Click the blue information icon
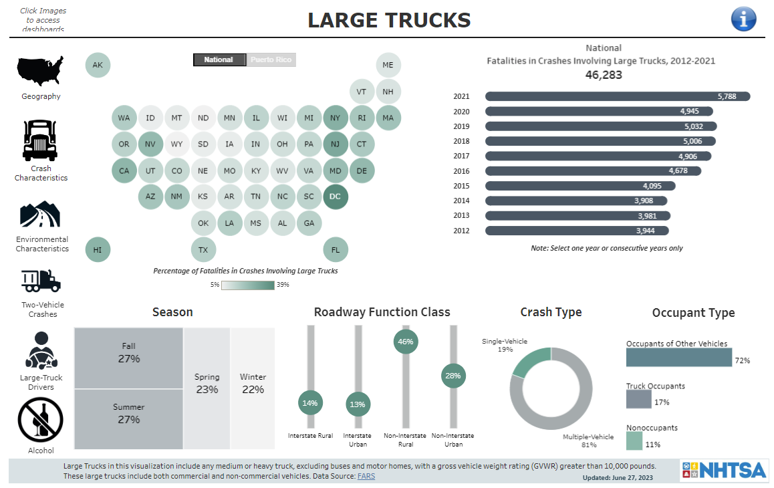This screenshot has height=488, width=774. [x=744, y=19]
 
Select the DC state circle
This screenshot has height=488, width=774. [x=336, y=197]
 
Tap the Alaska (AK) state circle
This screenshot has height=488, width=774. [x=98, y=66]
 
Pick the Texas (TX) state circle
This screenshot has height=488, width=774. [x=203, y=250]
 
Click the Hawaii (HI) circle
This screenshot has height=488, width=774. [x=98, y=250]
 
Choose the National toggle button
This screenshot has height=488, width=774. [x=219, y=59]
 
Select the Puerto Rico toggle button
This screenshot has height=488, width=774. [x=271, y=59]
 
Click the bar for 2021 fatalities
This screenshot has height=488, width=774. [x=617, y=96]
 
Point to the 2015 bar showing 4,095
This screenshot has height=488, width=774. [x=579, y=186]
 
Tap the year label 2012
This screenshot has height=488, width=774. [x=461, y=231]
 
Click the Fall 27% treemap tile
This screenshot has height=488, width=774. [x=128, y=358]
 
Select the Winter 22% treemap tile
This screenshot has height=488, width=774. [x=253, y=388]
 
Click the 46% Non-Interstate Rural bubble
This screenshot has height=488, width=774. [x=406, y=341]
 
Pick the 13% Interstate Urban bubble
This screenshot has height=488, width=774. [x=358, y=404]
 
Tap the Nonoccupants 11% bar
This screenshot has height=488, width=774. [x=634, y=441]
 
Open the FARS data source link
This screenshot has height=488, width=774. [x=366, y=476]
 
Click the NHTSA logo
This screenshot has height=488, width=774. [x=723, y=470]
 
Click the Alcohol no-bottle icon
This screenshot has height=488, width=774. [x=41, y=420]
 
